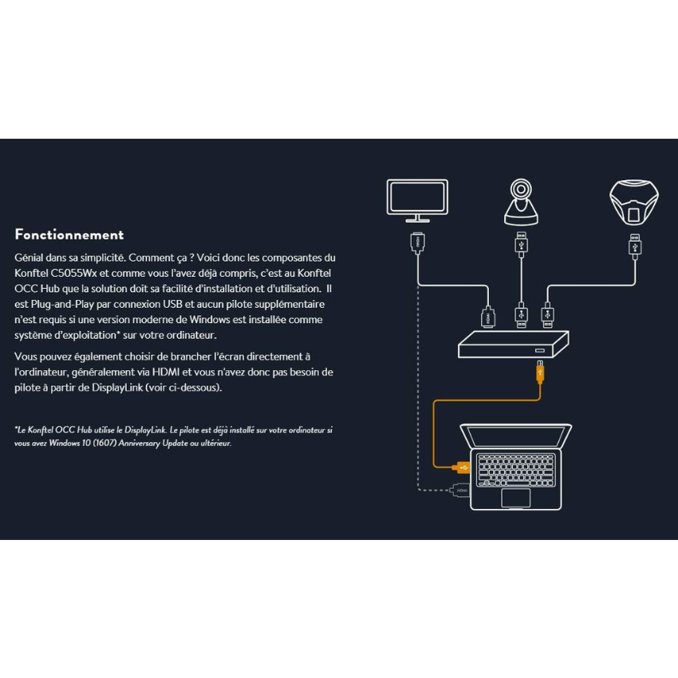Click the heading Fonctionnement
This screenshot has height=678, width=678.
click(x=69, y=235)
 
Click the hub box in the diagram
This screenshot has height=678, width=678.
click(x=513, y=345)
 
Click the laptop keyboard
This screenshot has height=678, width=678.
click(x=516, y=470)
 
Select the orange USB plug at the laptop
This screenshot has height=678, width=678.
click(x=460, y=467)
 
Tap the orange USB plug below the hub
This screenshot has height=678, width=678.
click(x=540, y=372)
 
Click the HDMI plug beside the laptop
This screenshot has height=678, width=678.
click(x=459, y=491)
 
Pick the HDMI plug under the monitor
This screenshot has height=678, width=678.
click(x=417, y=242)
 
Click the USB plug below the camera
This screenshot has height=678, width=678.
click(x=521, y=244)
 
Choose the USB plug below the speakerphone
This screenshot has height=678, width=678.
click(x=635, y=246)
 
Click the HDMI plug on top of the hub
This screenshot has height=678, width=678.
click(x=487, y=317)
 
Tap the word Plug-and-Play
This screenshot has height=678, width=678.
click(x=62, y=305)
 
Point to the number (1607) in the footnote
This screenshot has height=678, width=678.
click(x=105, y=443)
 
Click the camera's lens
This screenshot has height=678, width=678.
click(x=521, y=189)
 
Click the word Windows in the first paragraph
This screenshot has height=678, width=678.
click(x=210, y=320)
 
